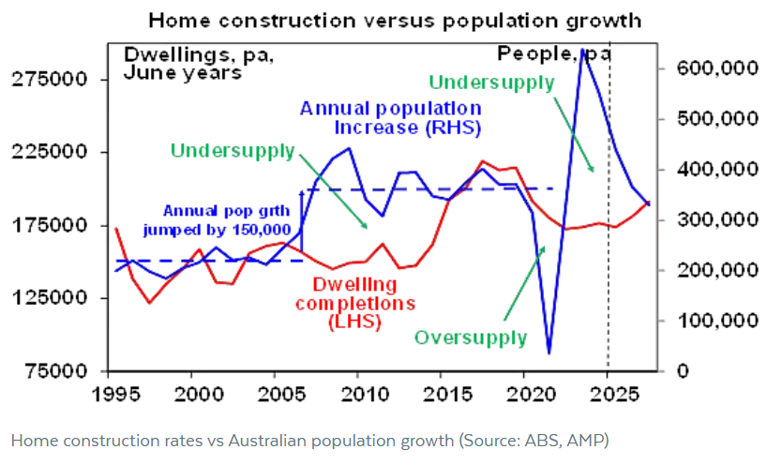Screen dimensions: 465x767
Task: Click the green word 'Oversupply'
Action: pos(471,337)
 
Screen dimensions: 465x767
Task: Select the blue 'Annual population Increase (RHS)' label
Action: pos(391,118)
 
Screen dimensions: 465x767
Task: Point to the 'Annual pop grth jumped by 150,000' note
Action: pos(220,218)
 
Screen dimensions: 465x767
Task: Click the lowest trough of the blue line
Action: pos(549,352)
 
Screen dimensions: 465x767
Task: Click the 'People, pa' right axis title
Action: pos(555,53)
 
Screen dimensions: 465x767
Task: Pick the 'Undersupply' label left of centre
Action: pos(233,150)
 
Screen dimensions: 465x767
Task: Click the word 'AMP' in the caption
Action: pos(592,440)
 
